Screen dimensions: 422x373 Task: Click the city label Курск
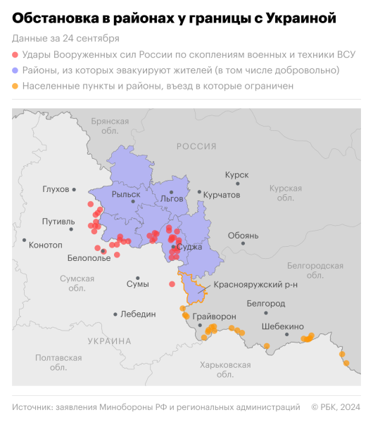pos(236,174)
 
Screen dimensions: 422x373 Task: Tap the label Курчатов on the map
pos(222,193)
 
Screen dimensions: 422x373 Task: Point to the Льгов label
pos(172,198)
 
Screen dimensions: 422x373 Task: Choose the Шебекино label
pos(282,326)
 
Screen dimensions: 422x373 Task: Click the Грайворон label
pos(214,316)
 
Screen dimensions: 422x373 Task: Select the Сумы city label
pos(137,284)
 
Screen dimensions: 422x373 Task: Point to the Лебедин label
pos(138,314)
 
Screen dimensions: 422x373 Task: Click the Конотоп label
pos(47,245)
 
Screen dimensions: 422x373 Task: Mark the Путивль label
pos(58,222)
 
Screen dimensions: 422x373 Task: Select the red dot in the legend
pos(15,55)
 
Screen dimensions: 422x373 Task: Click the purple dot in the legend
pos(15,70)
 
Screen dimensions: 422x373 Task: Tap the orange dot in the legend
pos(15,86)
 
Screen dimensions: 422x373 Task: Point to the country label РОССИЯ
pos(196,146)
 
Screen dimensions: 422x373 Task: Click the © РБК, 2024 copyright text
pos(335,407)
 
